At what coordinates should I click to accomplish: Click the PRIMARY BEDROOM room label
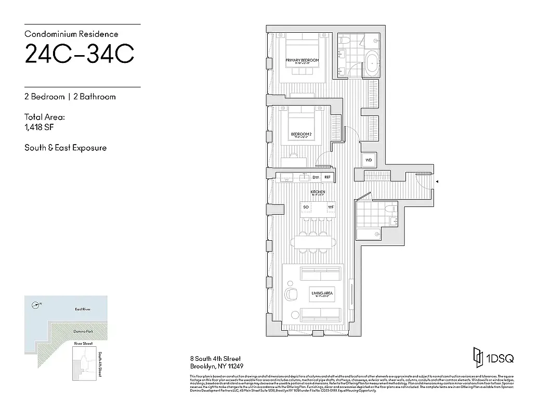[302, 60]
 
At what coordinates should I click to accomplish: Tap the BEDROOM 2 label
[301, 134]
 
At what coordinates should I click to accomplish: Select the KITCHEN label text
[318, 192]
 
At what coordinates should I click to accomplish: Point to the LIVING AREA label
[322, 293]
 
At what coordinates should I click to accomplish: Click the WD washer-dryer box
[369, 160]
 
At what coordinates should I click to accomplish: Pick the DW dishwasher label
[315, 177]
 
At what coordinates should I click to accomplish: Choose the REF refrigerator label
[327, 177]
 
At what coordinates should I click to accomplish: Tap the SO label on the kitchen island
[307, 207]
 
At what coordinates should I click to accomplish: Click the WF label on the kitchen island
[330, 207]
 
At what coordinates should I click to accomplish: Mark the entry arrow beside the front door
[437, 181]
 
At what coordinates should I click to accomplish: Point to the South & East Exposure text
[65, 148]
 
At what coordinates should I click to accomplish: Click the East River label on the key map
[83, 309]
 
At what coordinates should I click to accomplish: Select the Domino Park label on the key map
[83, 331]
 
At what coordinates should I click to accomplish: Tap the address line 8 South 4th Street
[215, 359]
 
